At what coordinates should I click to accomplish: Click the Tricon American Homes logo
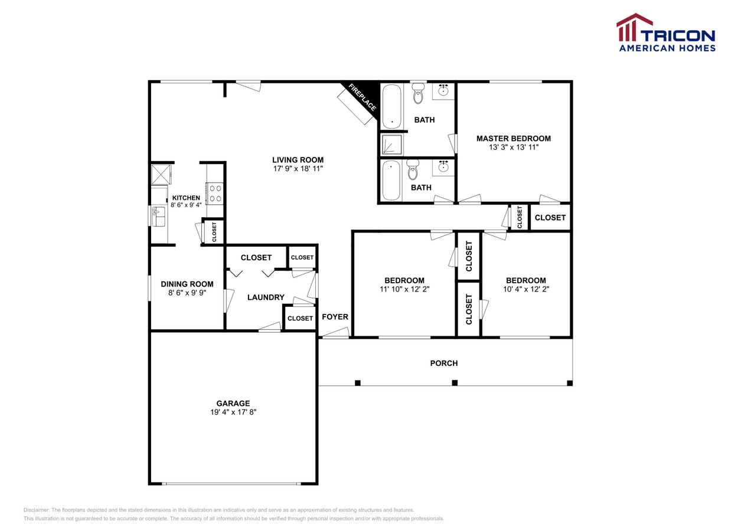point(666,33)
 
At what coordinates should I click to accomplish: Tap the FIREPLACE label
point(362,97)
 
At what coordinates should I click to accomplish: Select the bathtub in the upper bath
point(391,107)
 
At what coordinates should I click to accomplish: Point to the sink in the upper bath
point(443,91)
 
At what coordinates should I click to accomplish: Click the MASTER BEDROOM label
point(513,139)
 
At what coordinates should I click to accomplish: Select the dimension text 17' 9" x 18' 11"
point(298,169)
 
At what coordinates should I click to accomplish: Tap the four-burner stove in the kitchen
point(215,193)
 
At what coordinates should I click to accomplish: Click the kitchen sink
point(158,217)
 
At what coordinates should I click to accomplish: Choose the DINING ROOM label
point(187,284)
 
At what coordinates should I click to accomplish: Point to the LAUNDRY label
point(266,297)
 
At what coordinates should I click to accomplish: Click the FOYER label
point(335,317)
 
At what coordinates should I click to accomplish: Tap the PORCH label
point(443,363)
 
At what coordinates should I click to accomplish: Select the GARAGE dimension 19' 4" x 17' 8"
point(233,412)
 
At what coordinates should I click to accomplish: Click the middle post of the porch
point(455,383)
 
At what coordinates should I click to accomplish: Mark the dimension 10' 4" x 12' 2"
point(525,290)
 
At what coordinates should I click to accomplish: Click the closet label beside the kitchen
point(214,232)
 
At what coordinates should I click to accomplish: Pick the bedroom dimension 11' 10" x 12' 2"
point(404,290)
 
